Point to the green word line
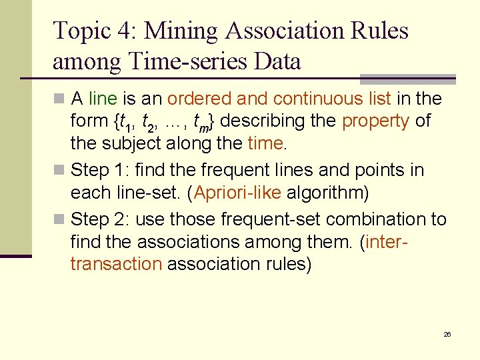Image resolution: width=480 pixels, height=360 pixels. [103, 99]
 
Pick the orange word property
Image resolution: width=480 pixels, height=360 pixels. [375, 121]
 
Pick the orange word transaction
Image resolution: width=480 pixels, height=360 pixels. [116, 263]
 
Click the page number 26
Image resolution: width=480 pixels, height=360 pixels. [447, 334]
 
